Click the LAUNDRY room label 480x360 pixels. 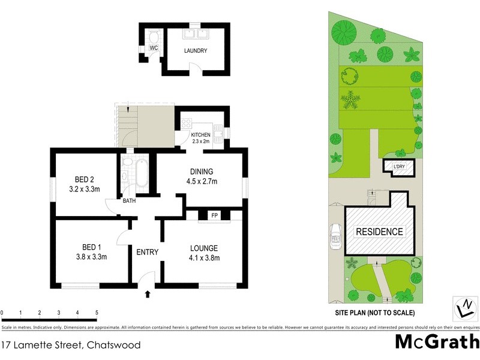[x=195, y=51]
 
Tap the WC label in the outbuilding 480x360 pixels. [x=154, y=47]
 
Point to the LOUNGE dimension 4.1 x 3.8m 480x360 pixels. [x=204, y=259]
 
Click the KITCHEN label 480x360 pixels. [x=201, y=134]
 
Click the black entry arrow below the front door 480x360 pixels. [x=148, y=294]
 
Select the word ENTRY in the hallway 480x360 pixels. [x=147, y=252]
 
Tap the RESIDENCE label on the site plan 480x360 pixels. [x=380, y=232]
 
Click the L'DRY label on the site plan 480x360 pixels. [x=398, y=167]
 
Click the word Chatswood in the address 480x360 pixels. [x=114, y=345]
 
